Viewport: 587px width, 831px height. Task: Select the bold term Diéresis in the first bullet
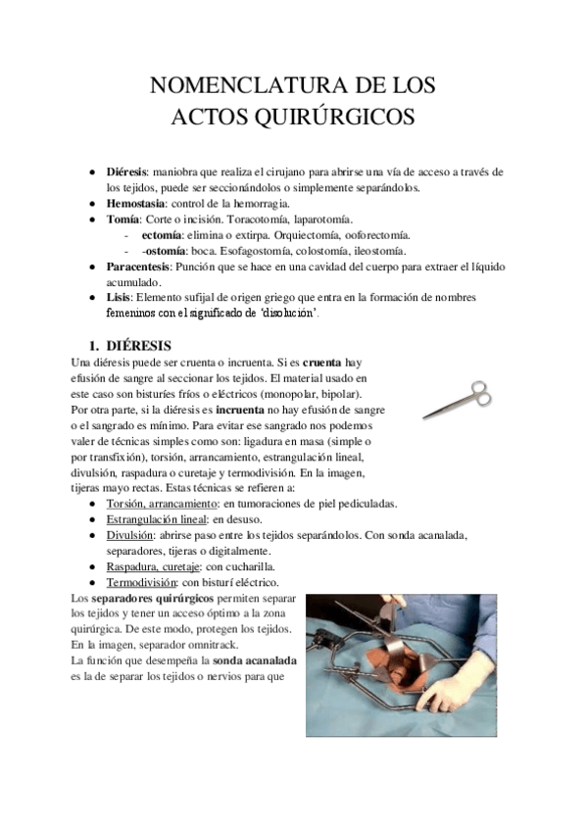[x=126, y=171]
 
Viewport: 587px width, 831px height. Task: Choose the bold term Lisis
[x=118, y=297]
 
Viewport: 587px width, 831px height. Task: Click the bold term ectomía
[x=162, y=234]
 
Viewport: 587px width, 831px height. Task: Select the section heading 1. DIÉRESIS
[x=128, y=345]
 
